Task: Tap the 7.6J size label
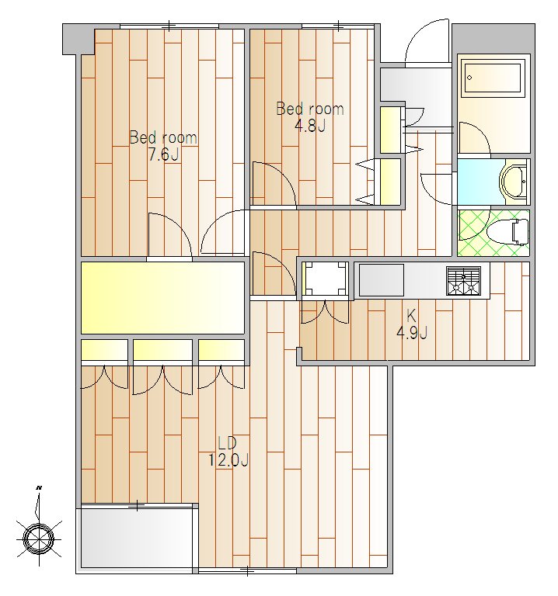tap(163, 154)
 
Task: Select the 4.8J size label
tap(309, 125)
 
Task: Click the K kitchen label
tap(411, 316)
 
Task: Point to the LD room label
tap(227, 443)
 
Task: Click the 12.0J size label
tap(227, 460)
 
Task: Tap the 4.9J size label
tap(411, 333)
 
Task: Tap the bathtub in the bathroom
tap(493, 78)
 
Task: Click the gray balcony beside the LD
tap(136, 539)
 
